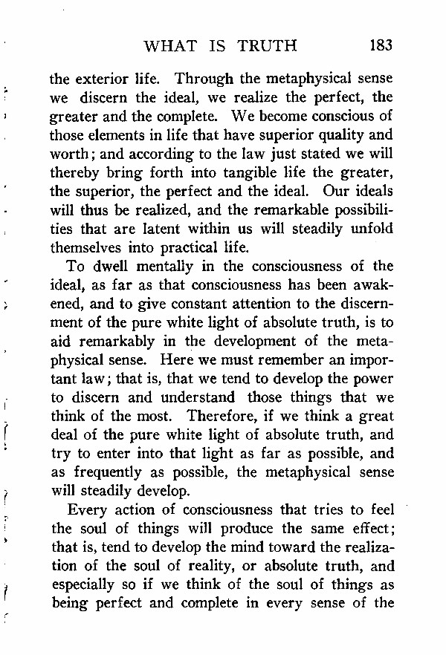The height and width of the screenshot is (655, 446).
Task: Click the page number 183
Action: click(380, 46)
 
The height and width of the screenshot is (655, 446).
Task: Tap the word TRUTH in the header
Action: click(267, 46)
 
